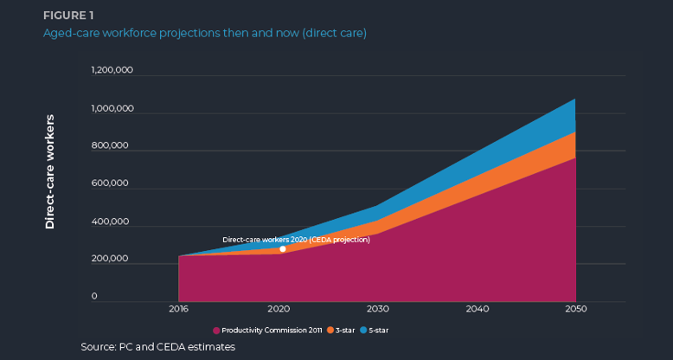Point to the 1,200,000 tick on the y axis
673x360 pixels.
tap(112, 71)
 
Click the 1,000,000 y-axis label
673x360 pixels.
tap(112, 109)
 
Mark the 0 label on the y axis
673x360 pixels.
tap(119, 297)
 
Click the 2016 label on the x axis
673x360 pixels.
tap(178, 309)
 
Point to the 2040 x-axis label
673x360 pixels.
tap(476, 309)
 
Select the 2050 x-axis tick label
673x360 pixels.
tap(575, 309)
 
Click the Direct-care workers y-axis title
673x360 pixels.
tap(49, 171)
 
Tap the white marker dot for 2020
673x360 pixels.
tap(282, 249)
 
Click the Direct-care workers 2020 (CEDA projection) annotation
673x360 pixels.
tap(296, 240)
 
